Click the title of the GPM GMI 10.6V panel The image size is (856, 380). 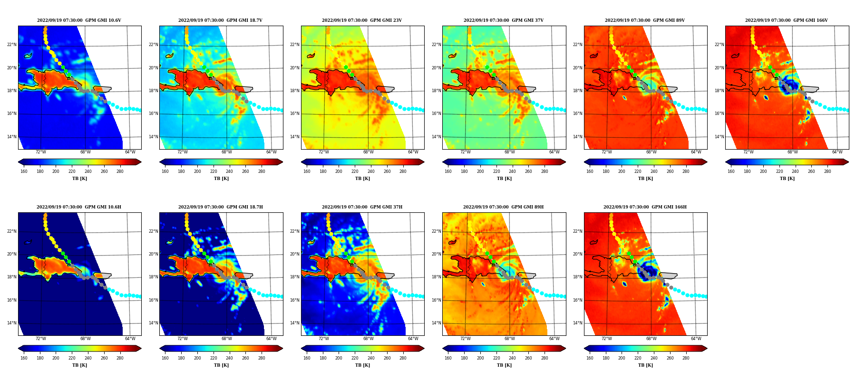[79, 20]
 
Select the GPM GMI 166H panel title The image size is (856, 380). [645, 207]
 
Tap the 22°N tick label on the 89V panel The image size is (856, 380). [578, 45]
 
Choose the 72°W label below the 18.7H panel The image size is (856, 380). [183, 339]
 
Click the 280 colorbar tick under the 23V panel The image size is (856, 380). [403, 171]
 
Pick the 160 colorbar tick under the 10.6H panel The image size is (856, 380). [24, 358]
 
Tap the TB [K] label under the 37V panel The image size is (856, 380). [504, 179]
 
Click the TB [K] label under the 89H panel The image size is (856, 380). [504, 365]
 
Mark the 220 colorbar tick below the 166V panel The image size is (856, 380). [779, 171]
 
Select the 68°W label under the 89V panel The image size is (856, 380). [651, 152]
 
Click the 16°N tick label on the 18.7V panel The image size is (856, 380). [153, 114]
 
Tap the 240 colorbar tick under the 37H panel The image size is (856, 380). [371, 358]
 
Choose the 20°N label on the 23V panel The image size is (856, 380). [295, 68]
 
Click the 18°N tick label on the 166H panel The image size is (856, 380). [578, 277]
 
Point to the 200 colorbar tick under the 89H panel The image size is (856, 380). [480, 358]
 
